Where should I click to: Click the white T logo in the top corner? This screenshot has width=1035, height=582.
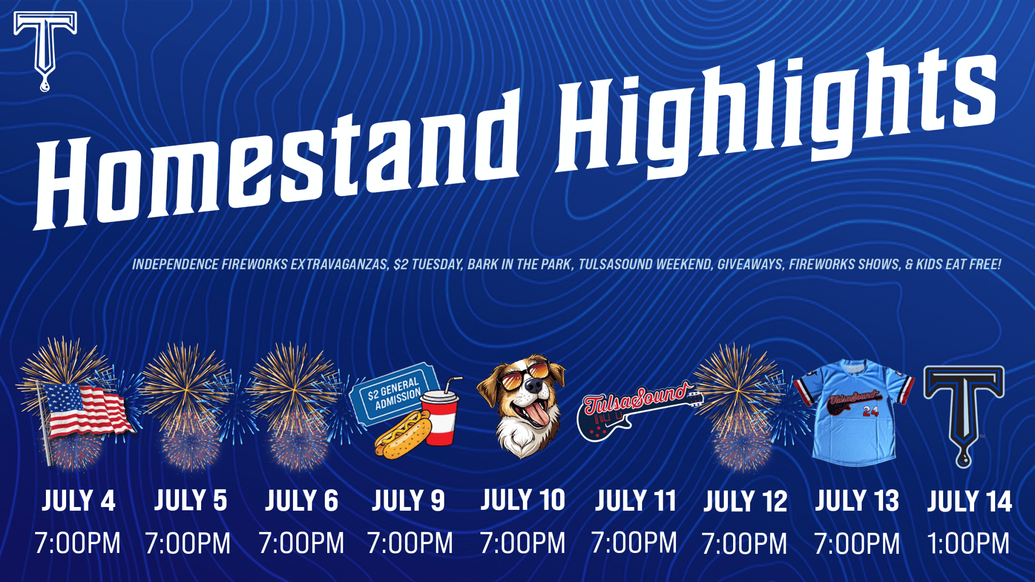(x=45, y=47)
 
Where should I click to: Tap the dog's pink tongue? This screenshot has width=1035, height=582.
(x=536, y=412)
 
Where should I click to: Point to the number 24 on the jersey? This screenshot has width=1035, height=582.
(x=870, y=411)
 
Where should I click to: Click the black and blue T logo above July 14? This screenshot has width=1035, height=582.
(x=964, y=415)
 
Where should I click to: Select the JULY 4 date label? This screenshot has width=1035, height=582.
(x=78, y=500)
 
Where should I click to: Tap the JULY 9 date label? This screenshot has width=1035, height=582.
(x=408, y=500)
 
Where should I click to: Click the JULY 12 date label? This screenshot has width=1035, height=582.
(x=745, y=500)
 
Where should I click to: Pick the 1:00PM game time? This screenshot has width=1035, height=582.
(x=968, y=543)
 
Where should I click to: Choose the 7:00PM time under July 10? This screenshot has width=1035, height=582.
(x=523, y=543)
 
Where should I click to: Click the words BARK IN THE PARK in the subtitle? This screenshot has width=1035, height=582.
(x=520, y=265)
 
